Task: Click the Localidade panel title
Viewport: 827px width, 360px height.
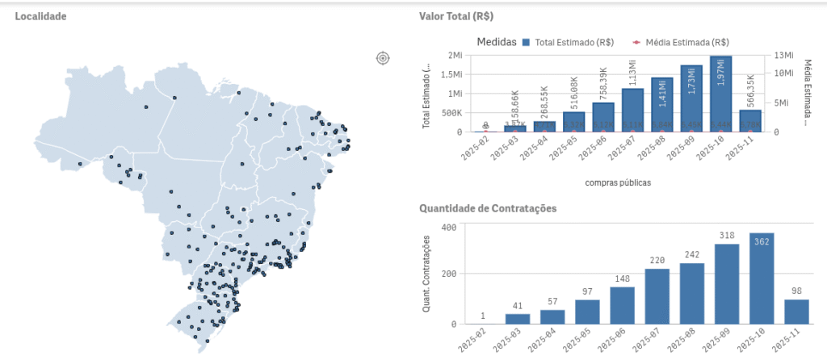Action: [40, 16]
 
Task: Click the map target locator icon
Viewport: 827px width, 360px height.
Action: [383, 57]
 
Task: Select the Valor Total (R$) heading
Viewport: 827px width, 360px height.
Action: [456, 16]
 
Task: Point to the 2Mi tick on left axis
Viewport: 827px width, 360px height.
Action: [454, 55]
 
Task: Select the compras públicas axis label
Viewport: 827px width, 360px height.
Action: [618, 182]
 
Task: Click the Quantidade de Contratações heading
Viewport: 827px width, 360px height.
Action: [488, 208]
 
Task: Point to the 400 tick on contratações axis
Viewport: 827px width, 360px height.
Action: [450, 227]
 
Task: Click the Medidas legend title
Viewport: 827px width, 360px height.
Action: [496, 42]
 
